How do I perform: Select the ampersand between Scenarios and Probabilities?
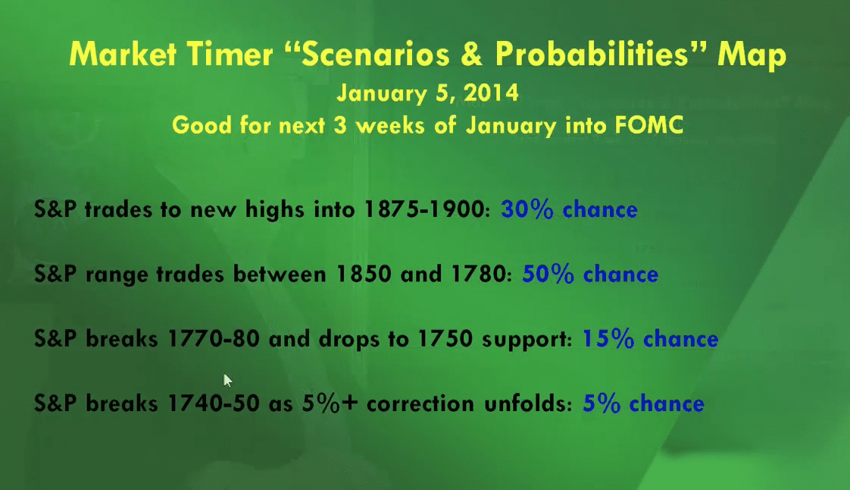click(472, 55)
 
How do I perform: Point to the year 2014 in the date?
click(492, 93)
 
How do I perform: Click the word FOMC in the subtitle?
click(649, 125)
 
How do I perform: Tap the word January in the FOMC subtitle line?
click(511, 126)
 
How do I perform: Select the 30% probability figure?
click(527, 209)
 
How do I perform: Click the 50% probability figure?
click(548, 274)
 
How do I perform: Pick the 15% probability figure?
click(608, 338)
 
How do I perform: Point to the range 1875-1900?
click(423, 209)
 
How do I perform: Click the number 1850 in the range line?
click(363, 274)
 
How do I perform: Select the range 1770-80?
click(214, 338)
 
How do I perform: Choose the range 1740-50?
click(214, 404)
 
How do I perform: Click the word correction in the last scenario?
click(420, 404)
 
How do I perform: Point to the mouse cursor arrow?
click(227, 380)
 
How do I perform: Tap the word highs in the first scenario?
click(274, 210)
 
